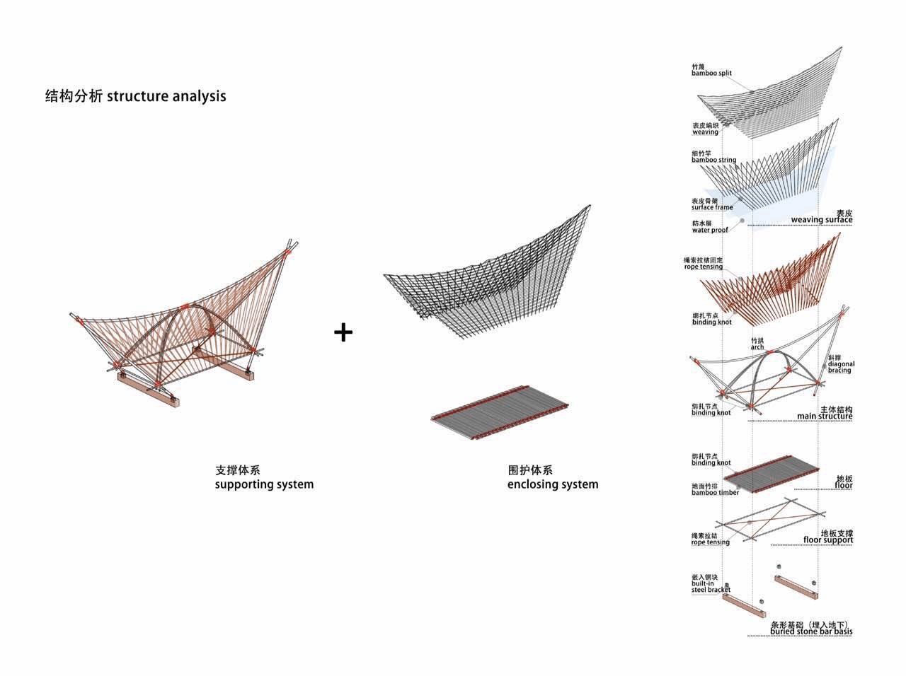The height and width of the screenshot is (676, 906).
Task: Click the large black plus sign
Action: (343, 332)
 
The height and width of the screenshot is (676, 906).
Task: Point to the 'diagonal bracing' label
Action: (841, 364)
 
